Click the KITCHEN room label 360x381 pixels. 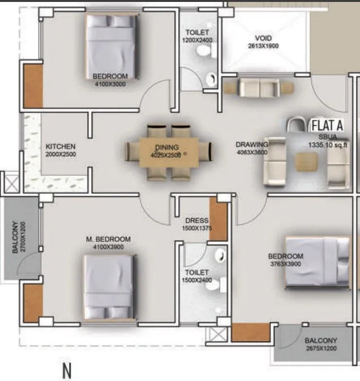click(60, 146)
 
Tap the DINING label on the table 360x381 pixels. click(167, 147)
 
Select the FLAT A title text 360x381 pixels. click(327, 125)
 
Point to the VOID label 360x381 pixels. click(263, 38)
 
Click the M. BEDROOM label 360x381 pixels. click(108, 239)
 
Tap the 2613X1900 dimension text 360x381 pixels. click(263, 47)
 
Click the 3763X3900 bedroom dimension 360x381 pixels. click(286, 264)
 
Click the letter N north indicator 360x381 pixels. click(68, 370)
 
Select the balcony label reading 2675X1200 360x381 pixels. click(321, 348)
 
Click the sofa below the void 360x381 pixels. click(258, 88)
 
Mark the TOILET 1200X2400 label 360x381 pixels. click(197, 36)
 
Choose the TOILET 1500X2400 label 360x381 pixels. click(196, 277)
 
